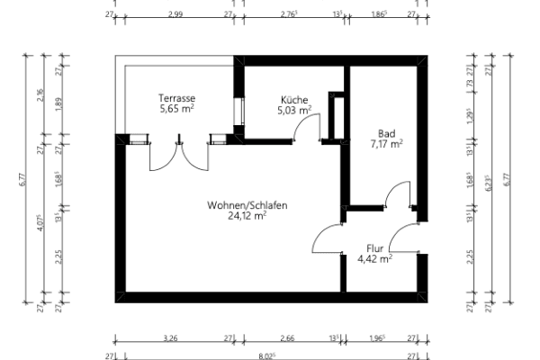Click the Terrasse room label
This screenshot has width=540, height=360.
(x=177, y=97)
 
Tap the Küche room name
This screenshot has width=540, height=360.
(x=295, y=100)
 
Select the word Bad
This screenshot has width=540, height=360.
(x=386, y=131)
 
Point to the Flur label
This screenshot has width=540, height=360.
(x=374, y=247)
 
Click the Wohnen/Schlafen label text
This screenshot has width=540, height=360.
(x=247, y=205)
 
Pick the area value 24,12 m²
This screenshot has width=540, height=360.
(x=247, y=216)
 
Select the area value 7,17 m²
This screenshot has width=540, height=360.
(x=386, y=142)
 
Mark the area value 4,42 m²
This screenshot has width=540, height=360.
(x=374, y=258)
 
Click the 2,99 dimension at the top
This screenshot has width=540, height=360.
(x=175, y=14)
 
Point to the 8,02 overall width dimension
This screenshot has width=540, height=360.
(x=266, y=355)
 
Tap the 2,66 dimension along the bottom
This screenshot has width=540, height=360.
(x=286, y=339)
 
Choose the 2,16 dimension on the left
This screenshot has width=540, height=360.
(x=40, y=95)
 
